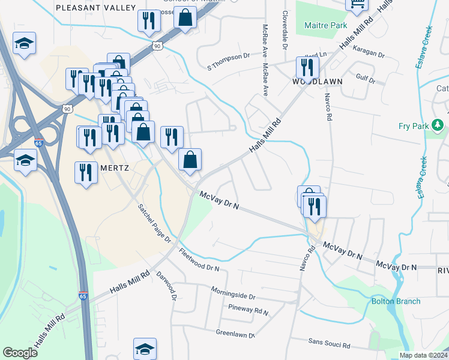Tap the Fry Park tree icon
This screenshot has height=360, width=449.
pos(439,125)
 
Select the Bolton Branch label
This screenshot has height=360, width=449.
pos(396,301)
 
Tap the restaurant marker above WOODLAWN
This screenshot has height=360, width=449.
pos(307,68)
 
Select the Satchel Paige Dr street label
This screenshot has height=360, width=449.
pos(155,223)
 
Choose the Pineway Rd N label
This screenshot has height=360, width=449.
pos(249,310)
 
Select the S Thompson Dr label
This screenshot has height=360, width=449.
pos(228,56)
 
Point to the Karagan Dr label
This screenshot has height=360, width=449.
pos(369,53)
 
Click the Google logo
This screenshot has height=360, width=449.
pos(20,353)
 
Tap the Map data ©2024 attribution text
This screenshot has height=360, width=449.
pos(423,355)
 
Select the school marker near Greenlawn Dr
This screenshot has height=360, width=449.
pos(145,349)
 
